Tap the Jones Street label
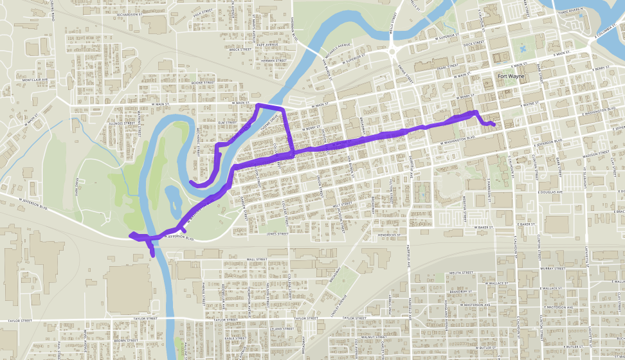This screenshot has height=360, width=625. click(277, 235)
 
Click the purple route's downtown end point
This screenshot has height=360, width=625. click(494, 124)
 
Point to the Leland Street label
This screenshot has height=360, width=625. click(277, 328)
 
